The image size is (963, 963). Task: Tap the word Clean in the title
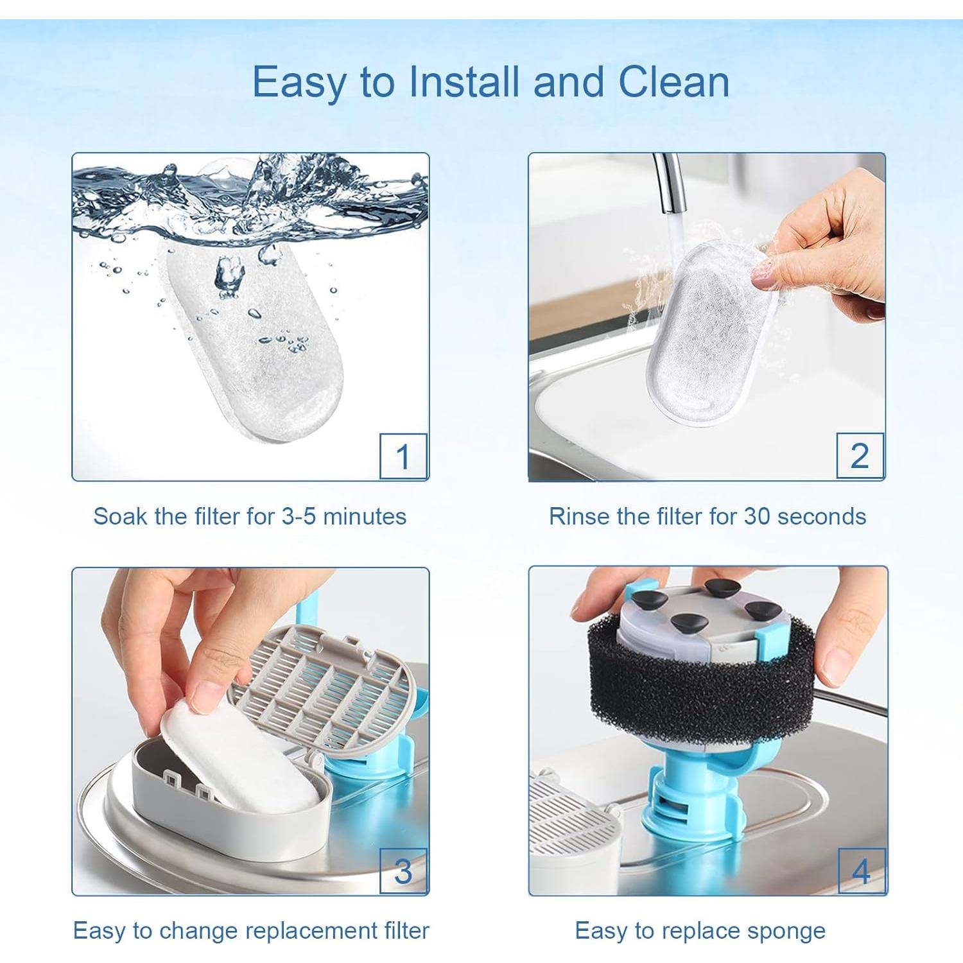[x=673, y=82]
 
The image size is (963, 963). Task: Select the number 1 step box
[x=403, y=456]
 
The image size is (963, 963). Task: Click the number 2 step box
[x=860, y=455]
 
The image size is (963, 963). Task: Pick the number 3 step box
[x=403, y=871]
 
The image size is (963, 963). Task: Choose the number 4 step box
[x=861, y=871]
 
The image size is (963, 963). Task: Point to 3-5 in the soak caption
[x=299, y=516]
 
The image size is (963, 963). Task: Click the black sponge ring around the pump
[x=700, y=674]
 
